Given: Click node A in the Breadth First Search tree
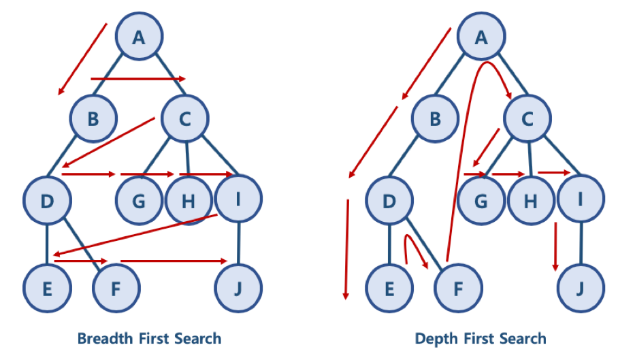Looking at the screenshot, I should point(139,37).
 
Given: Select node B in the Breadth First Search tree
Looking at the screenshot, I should point(94,118).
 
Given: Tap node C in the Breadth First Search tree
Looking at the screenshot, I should point(184,118).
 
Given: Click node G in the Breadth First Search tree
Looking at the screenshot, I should point(140,201).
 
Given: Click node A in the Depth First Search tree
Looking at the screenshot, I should point(481,37).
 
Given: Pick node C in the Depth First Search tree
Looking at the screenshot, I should point(527,118).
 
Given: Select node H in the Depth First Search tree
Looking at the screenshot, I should point(531,201).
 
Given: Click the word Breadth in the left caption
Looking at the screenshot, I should point(103,338).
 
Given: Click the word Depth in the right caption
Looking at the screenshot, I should point(436,338).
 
